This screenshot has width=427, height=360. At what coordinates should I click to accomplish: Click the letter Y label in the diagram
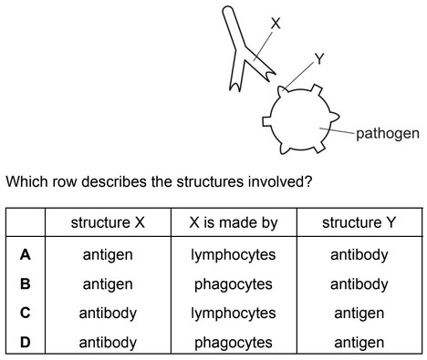pos(318,60)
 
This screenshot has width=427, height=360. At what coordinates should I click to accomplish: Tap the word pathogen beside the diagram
pos(388,133)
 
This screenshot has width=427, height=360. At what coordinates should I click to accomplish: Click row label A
pos(26,255)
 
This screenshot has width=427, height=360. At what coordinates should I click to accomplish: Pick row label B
pos(26,283)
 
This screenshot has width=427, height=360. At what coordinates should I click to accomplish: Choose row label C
pos(26,313)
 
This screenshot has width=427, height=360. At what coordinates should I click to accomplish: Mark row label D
pos(26,342)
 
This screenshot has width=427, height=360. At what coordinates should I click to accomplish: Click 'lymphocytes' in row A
pos(233,255)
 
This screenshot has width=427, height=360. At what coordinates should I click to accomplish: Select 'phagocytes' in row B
pos(233,284)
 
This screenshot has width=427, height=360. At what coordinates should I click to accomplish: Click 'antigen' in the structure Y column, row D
pos(359,343)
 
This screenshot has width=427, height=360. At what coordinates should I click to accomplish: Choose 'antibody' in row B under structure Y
pos(359,284)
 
